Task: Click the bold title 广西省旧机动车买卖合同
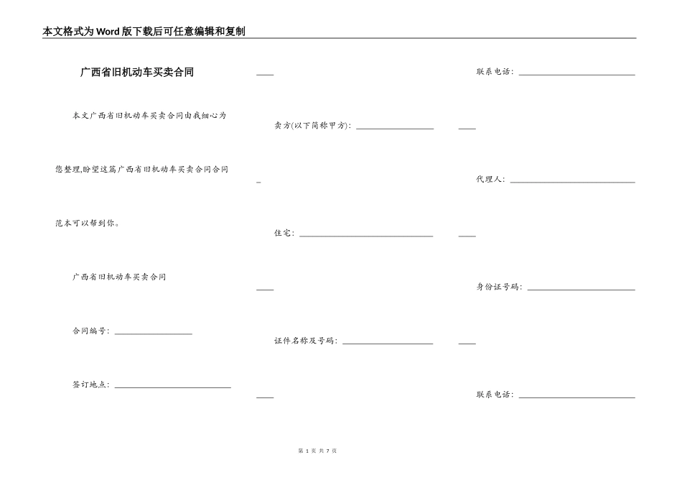pos(136,73)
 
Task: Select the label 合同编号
pos(90,331)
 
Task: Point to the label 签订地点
pos(90,385)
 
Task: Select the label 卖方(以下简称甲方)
pos(312,126)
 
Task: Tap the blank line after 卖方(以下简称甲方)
pos(395,129)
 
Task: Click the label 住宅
pos(284,234)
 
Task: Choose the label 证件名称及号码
pos(305,341)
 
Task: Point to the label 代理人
pos(490,180)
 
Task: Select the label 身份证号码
pos(499,287)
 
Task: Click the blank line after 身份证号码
pos(581,290)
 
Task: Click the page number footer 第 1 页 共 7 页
pos(317,451)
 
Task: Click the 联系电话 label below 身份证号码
pos(495,395)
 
